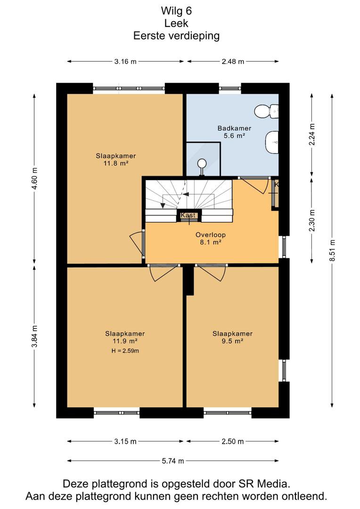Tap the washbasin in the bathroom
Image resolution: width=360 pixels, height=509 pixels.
[272, 142]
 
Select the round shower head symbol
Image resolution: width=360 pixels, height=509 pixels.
[202, 163]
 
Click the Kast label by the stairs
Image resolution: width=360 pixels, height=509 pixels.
[188, 215]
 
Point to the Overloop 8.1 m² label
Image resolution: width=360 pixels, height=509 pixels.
[210, 238]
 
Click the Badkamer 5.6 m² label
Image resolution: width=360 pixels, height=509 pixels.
[234, 132]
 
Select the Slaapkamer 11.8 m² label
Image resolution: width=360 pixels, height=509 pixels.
[115, 159]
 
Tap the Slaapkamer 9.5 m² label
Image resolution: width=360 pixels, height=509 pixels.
[232, 337]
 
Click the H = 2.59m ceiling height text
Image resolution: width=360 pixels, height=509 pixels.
[125, 351]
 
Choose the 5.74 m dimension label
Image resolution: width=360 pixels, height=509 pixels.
[173, 460]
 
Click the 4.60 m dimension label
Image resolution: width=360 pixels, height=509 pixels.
[35, 179]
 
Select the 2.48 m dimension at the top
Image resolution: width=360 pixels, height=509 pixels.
[233, 61]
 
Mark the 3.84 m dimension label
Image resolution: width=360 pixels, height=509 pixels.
[35, 336]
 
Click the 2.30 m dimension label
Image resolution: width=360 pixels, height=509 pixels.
[312, 221]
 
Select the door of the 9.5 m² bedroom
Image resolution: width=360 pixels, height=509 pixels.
[211, 273]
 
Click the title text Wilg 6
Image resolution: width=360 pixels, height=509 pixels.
[176, 11]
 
